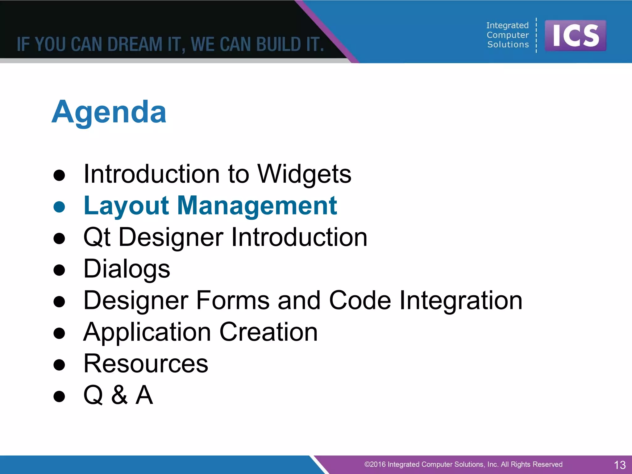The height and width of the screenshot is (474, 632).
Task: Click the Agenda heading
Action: point(109,112)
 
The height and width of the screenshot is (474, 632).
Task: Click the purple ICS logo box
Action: point(575,35)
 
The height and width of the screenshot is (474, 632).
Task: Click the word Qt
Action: point(97,237)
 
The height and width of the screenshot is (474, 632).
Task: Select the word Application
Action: point(147,332)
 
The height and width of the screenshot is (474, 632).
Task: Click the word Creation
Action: point(268,332)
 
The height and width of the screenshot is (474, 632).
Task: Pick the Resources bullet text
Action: point(146,364)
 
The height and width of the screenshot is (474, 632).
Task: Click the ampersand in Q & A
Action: point(119,395)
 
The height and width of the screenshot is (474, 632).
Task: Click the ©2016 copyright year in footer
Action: point(375,464)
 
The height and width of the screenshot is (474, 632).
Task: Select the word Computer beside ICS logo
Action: point(507,35)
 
